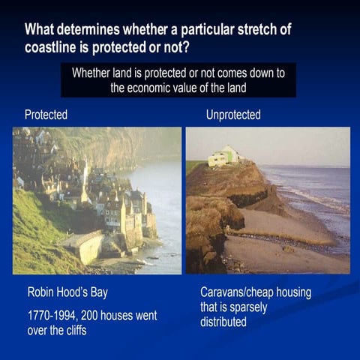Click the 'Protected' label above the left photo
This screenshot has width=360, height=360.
tap(46, 115)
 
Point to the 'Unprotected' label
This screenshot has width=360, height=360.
tap(233, 115)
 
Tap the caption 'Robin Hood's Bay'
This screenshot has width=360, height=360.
tap(73, 292)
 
